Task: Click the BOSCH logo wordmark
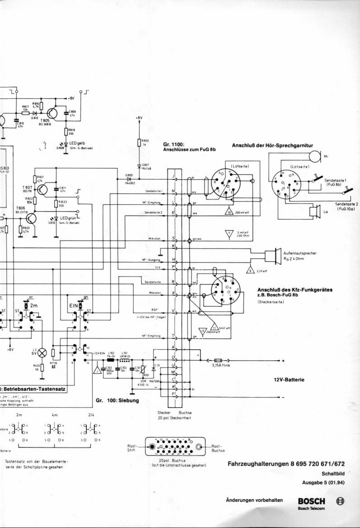(311, 501)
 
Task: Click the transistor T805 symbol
(51, 113)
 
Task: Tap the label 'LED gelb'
(77, 144)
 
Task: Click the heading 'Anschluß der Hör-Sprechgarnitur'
(272, 145)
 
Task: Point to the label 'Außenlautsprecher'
(299, 253)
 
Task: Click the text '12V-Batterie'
(289, 380)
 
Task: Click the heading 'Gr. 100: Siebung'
(117, 400)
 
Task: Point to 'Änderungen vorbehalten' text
(254, 500)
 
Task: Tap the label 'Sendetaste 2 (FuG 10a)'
(347, 207)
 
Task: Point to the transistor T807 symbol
(41, 190)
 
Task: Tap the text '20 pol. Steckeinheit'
(175, 418)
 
